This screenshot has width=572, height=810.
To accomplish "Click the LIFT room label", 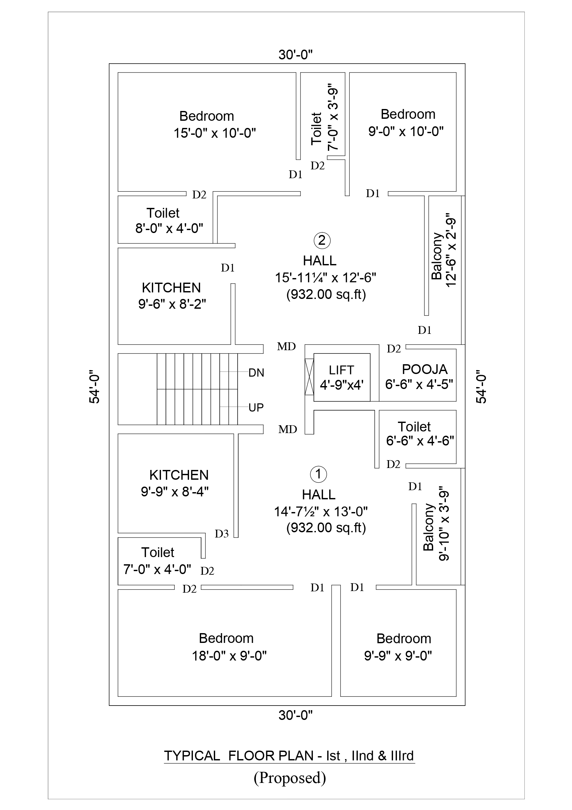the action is click(341, 370).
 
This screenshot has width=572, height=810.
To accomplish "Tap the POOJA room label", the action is click(425, 369).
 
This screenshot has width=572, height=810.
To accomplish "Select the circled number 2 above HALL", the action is click(322, 240).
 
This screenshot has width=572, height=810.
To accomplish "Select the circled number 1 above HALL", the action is click(318, 474).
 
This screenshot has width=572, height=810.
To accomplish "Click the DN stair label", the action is click(256, 373).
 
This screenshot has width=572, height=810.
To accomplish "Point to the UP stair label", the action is click(256, 408).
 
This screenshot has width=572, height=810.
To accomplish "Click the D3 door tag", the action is click(222, 534).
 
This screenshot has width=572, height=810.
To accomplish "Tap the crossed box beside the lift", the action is click(309, 377).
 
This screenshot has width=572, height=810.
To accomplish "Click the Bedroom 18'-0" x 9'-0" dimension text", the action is click(229, 656).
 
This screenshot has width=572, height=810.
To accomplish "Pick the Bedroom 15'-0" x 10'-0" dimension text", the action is click(215, 133).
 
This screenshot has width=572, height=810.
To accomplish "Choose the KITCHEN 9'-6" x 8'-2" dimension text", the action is click(172, 304).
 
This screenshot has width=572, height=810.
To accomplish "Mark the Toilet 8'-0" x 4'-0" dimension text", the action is click(169, 228).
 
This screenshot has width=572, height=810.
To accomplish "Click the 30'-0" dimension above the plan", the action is click(296, 55).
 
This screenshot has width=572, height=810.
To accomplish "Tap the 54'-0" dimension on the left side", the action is click(95, 387).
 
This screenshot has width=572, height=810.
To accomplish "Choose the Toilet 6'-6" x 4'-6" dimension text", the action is click(420, 441).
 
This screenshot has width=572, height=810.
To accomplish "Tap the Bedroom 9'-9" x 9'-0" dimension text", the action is click(398, 656).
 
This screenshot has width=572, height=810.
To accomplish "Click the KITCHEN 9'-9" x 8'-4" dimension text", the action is click(175, 491).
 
